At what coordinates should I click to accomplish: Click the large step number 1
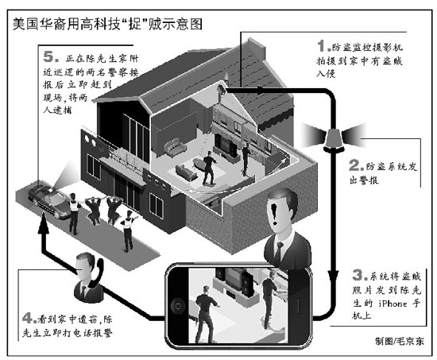(x=323, y=46)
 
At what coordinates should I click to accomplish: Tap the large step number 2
(x=355, y=165)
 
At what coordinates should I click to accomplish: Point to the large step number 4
(x=28, y=318)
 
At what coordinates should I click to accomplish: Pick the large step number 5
(x=49, y=56)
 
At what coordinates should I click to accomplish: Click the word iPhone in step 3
(x=393, y=303)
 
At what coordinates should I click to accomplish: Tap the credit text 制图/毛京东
(x=399, y=341)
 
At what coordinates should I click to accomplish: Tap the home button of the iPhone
(x=178, y=306)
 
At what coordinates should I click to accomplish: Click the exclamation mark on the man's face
(x=275, y=213)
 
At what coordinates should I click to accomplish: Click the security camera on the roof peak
(x=222, y=89)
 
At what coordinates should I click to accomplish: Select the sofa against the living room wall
(x=175, y=147)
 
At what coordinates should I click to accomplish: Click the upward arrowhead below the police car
(x=44, y=223)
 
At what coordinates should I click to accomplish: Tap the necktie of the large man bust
(x=279, y=251)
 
